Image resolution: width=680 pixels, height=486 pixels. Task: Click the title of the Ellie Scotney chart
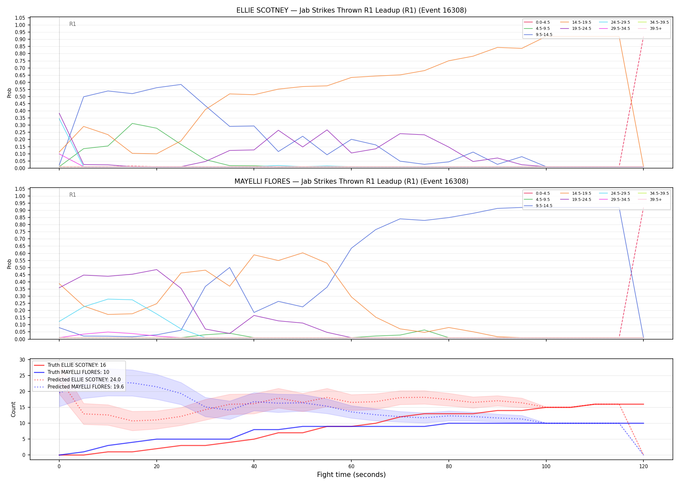(351, 10)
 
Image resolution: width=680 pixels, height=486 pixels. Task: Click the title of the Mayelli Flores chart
(351, 181)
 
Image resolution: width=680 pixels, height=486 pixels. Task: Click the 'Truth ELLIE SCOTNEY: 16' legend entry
(70, 365)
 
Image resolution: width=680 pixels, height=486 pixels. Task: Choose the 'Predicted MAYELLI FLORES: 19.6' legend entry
(79, 387)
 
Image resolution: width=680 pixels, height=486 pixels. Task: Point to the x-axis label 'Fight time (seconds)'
(351, 475)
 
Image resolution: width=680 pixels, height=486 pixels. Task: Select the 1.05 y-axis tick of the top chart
(20, 18)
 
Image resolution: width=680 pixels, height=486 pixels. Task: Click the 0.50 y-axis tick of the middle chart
(20, 268)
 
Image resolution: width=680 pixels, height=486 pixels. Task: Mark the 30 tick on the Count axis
(22, 360)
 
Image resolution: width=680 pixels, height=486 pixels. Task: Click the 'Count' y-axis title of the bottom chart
(13, 409)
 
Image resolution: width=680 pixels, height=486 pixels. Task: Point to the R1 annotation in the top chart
(73, 24)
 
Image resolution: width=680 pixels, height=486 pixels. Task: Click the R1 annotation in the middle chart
(73, 195)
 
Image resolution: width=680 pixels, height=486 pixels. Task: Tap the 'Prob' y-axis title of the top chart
(9, 93)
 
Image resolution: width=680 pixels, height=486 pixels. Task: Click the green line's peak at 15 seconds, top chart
(132, 123)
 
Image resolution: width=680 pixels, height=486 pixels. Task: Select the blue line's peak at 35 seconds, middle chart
(230, 267)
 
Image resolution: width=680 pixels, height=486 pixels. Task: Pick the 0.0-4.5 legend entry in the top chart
(537, 22)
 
